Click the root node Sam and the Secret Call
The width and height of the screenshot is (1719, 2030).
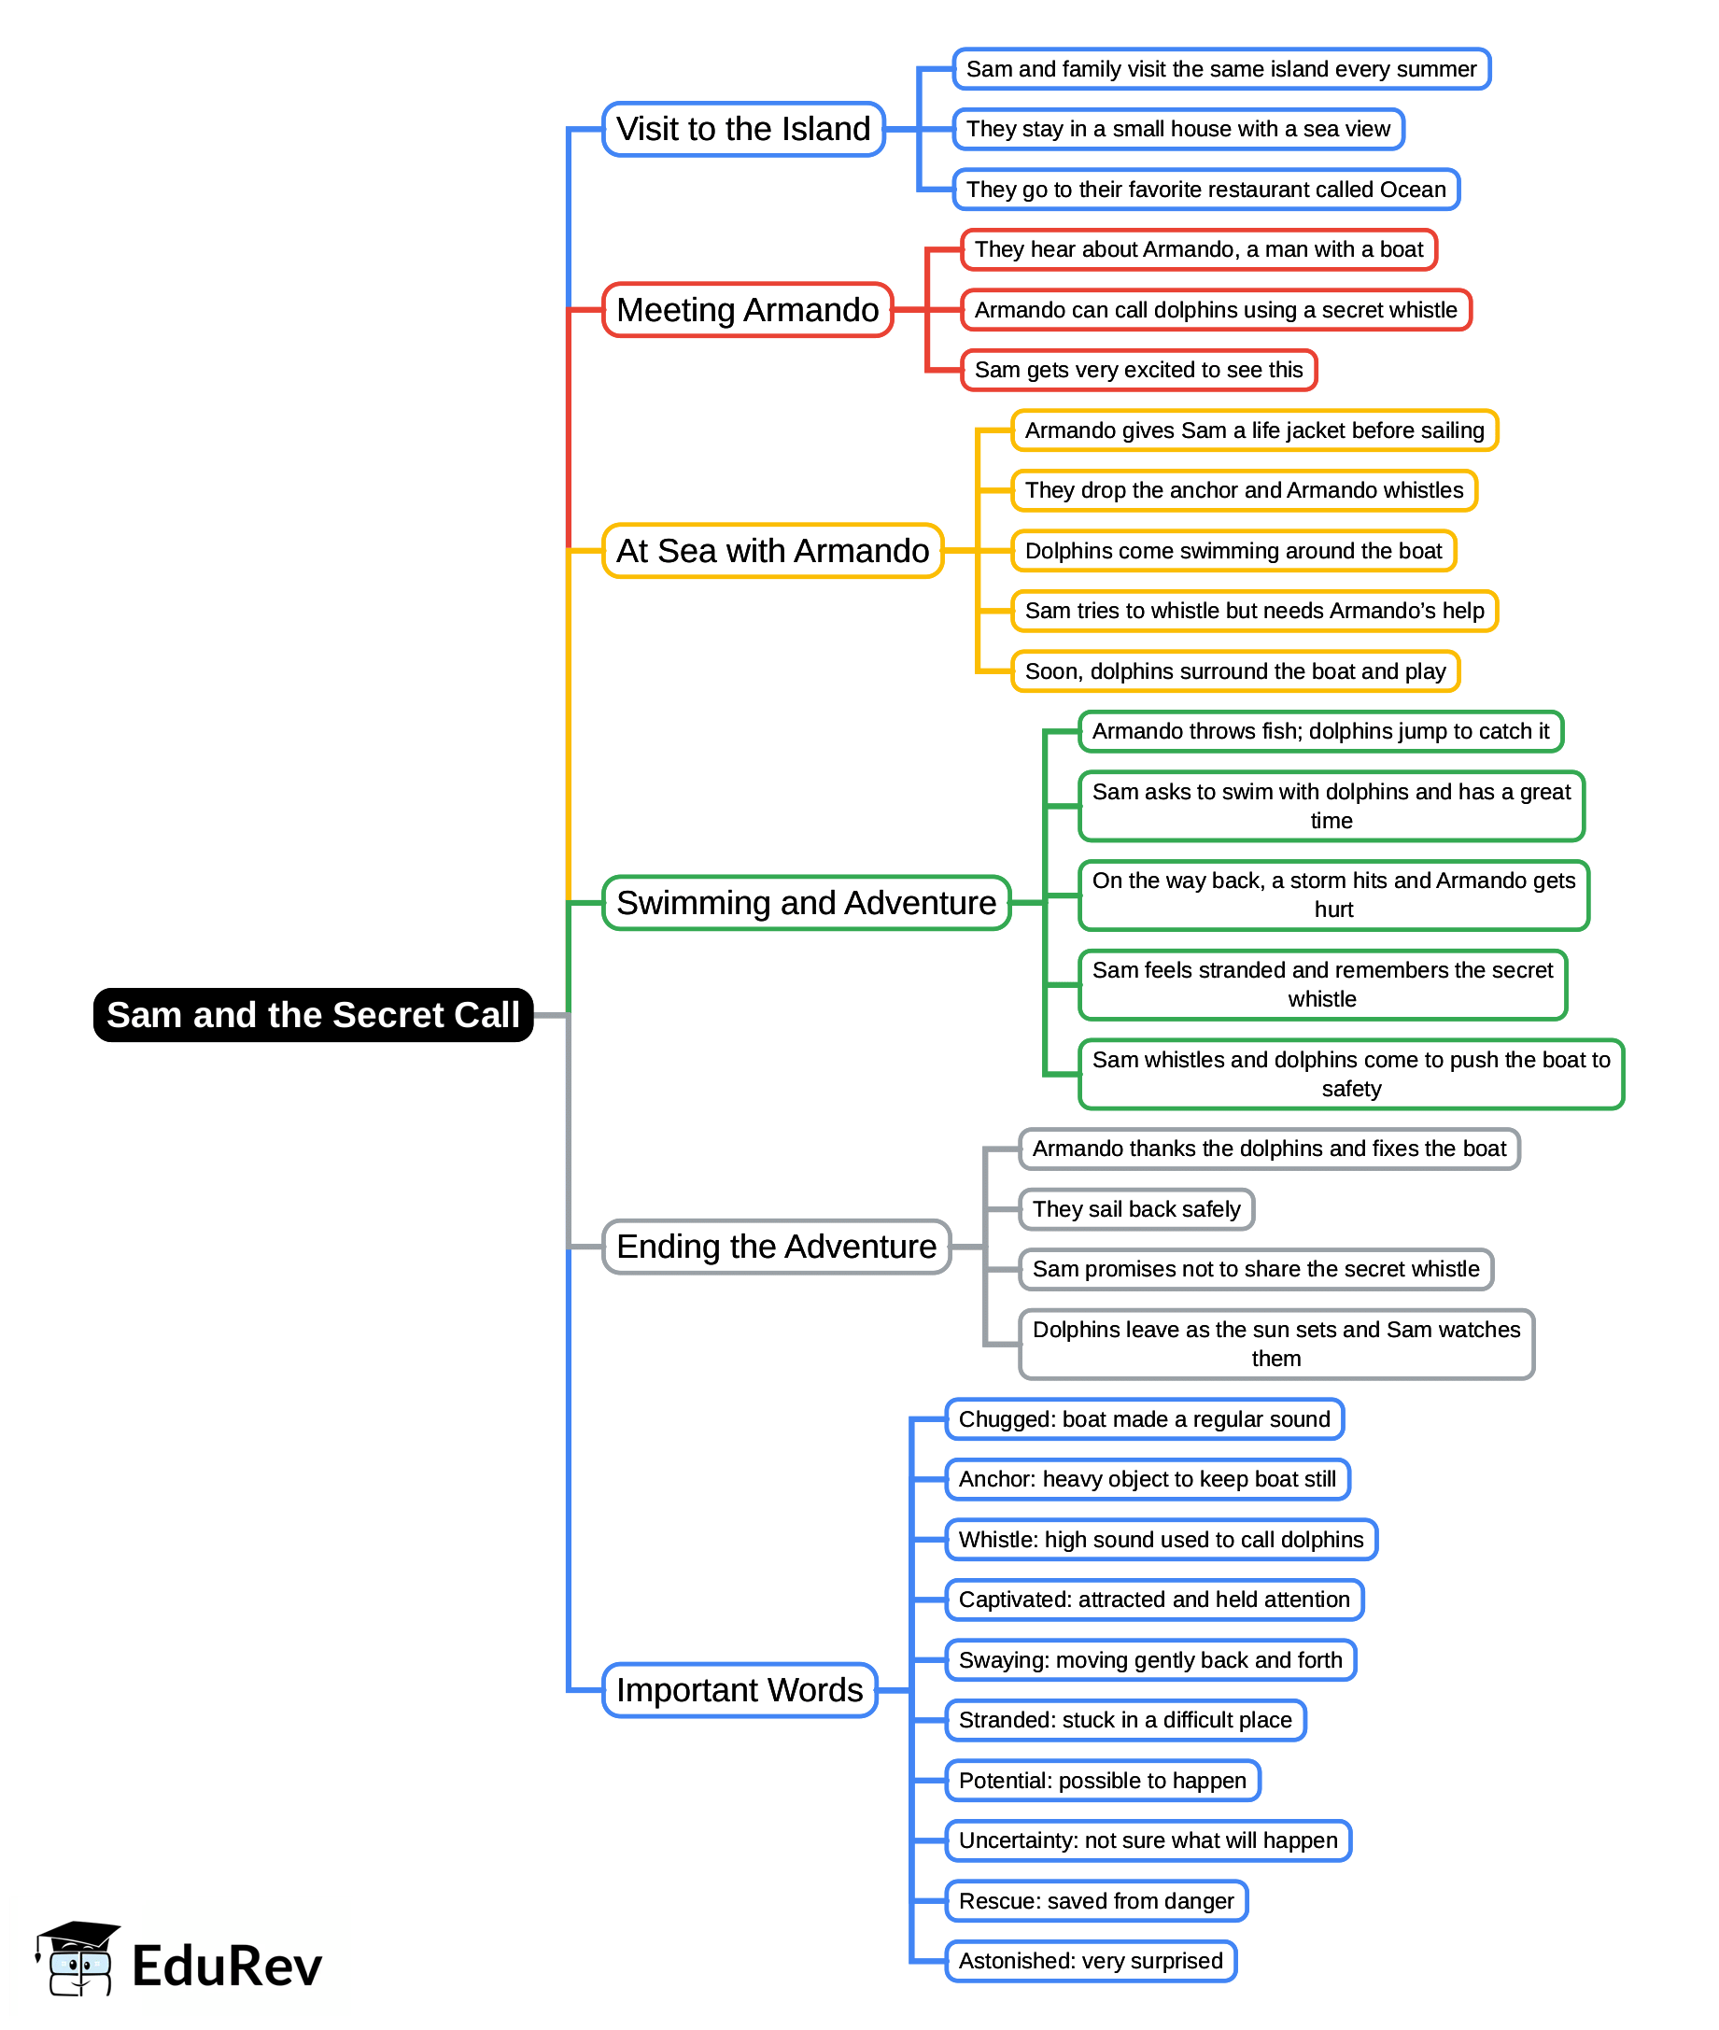pyautogui.click(x=313, y=1014)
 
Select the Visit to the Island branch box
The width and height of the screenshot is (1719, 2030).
pyautogui.click(x=742, y=129)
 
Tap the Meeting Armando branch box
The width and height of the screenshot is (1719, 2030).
pyautogui.click(x=747, y=310)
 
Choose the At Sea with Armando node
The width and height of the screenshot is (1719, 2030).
pyautogui.click(x=772, y=551)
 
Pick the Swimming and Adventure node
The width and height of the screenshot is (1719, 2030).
pyautogui.click(x=806, y=902)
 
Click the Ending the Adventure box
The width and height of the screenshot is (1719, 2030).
pyautogui.click(x=776, y=1247)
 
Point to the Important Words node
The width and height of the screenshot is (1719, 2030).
pyautogui.click(x=739, y=1690)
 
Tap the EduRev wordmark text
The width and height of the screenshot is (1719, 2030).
pyautogui.click(x=226, y=1966)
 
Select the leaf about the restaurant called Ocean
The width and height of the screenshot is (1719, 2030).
pyautogui.click(x=1205, y=189)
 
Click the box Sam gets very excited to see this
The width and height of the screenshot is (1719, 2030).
pyautogui.click(x=1138, y=371)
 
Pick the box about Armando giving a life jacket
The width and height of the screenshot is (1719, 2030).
pyautogui.click(x=1254, y=430)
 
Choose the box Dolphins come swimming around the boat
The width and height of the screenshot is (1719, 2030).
pyautogui.click(x=1233, y=551)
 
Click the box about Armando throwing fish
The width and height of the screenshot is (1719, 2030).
pyautogui.click(x=1320, y=731)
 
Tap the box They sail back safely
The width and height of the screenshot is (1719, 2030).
pyautogui.click(x=1136, y=1209)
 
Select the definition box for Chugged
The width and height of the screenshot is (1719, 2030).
pyautogui.click(x=1144, y=1419)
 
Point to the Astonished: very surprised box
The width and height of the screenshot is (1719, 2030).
pyautogui.click(x=1091, y=1961)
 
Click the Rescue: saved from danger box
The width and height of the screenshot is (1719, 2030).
pyautogui.click(x=1096, y=1900)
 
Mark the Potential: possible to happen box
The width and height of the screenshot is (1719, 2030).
pyautogui.click(x=1102, y=1781)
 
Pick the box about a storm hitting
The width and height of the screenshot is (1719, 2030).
pyautogui.click(x=1333, y=895)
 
